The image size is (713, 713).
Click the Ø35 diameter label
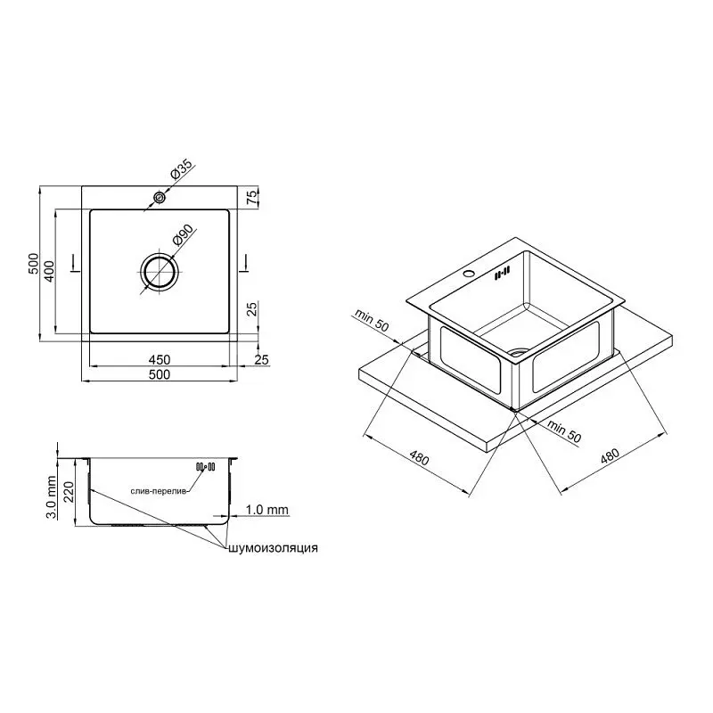[182, 168]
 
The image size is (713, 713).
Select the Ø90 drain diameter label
[184, 234]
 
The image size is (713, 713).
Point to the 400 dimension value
[49, 271]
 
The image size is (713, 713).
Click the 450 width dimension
[160, 359]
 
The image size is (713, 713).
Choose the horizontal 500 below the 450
[160, 374]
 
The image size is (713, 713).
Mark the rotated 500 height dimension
[34, 263]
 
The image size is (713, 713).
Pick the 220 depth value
[69, 492]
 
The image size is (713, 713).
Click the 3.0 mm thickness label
[52, 497]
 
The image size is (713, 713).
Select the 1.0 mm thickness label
[266, 510]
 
